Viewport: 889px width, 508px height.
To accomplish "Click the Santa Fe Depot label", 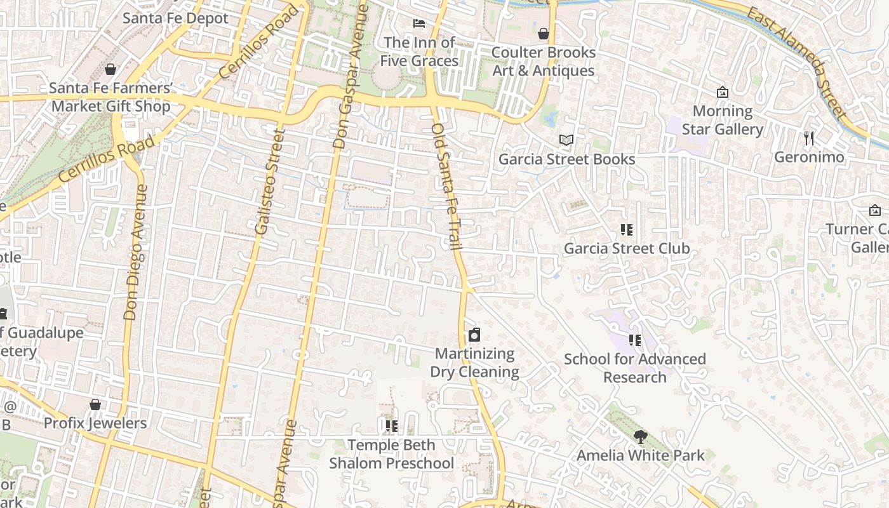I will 175,18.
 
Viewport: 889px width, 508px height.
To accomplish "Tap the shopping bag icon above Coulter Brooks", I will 544,34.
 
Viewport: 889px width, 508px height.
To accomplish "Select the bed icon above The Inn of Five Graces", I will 419,23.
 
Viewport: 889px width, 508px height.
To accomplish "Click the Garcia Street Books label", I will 566,159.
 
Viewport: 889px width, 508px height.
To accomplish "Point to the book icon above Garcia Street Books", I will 566,140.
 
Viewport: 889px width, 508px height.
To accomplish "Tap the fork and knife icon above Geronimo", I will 809,138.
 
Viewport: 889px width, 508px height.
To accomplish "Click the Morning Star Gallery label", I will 723,120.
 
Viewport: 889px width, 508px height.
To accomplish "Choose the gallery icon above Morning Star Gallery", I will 722,93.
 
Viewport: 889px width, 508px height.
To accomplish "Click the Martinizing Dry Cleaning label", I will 474,363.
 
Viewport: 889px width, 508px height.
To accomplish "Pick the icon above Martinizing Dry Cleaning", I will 474,335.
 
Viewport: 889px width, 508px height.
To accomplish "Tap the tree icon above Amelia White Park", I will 640,436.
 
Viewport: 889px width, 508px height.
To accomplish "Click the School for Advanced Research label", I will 635,368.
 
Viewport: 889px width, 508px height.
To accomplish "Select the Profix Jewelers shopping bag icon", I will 95,404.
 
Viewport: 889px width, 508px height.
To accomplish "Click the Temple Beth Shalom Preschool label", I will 391,454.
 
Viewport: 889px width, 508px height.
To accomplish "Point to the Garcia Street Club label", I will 627,248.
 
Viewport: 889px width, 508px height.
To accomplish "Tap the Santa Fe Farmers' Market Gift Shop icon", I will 110,69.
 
